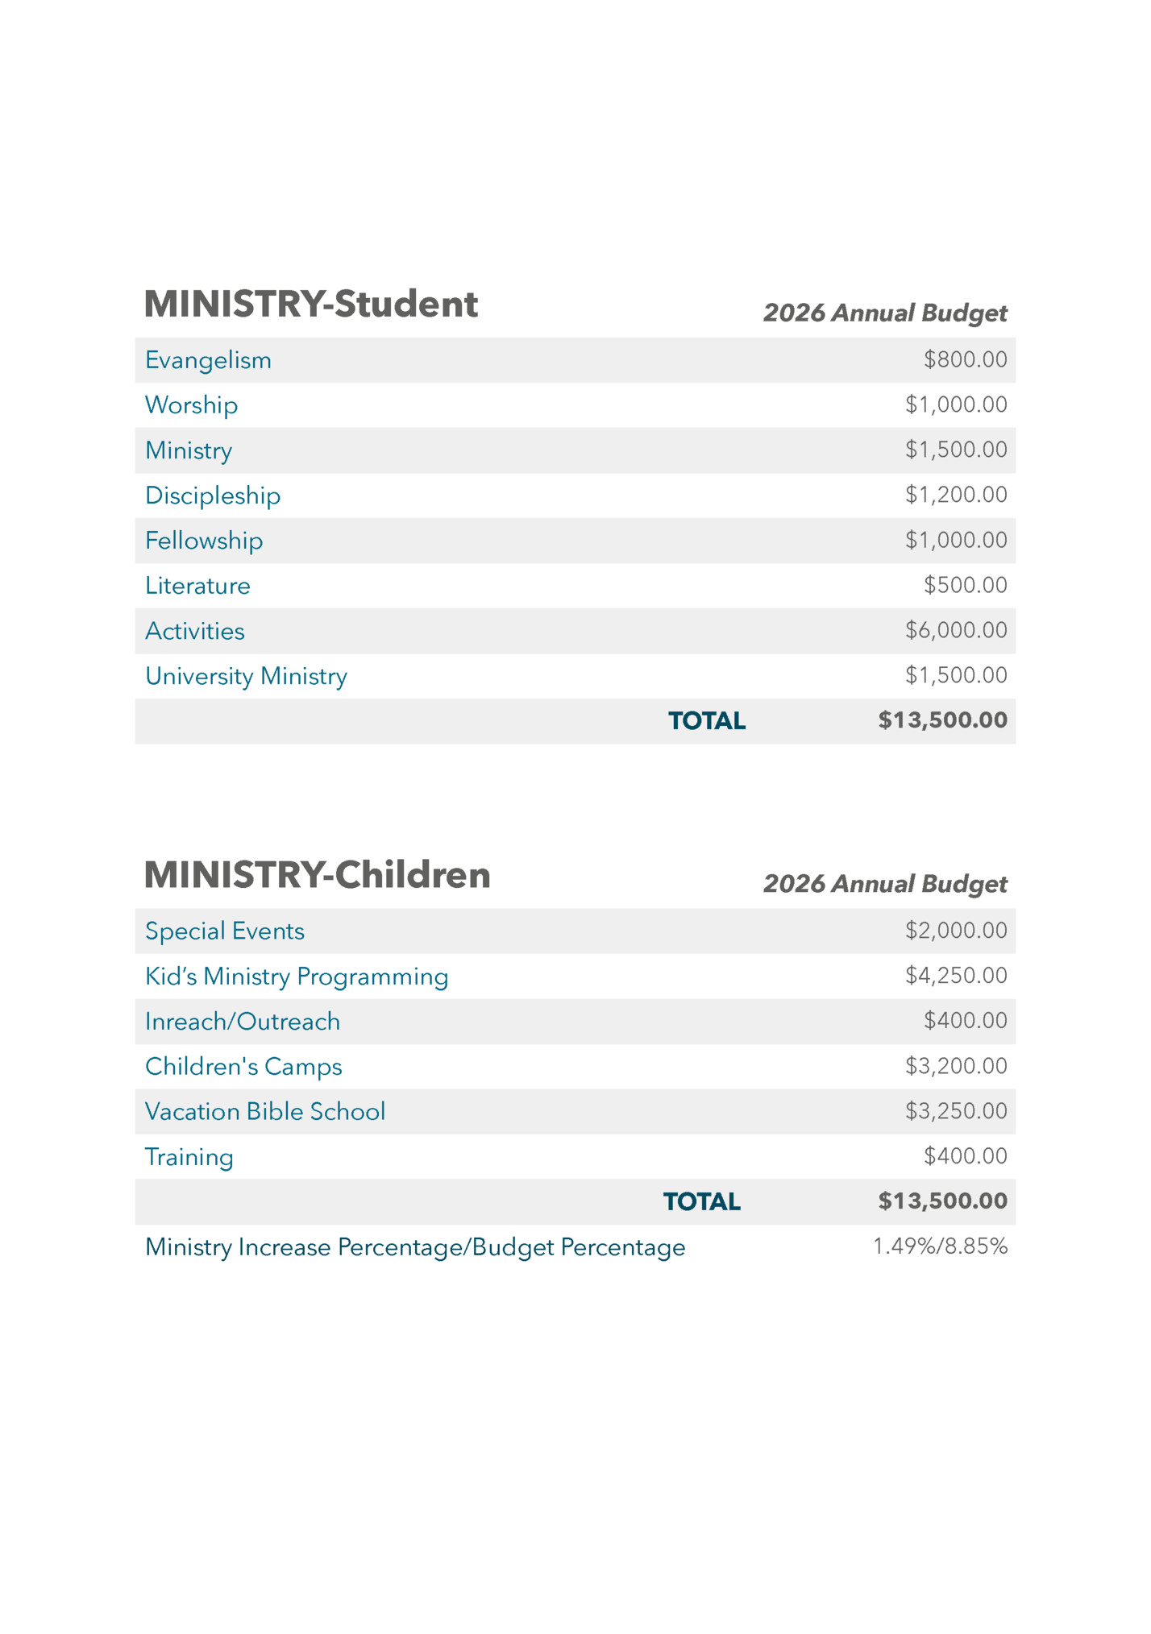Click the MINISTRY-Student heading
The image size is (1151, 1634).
[x=310, y=305]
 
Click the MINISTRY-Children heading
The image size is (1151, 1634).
[x=317, y=875]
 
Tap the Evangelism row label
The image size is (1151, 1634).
[x=208, y=360]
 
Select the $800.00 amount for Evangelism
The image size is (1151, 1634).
[x=965, y=359]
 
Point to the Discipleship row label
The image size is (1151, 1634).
[x=213, y=496]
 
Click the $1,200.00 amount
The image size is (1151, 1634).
[x=956, y=495]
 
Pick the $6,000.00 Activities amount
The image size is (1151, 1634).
[x=956, y=630]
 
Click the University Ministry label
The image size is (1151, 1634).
[x=246, y=676]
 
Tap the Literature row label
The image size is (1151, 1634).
[x=197, y=586]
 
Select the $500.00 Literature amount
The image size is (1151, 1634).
[x=965, y=585]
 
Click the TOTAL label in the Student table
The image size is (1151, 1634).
[x=707, y=721]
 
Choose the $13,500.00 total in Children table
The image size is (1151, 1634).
[x=942, y=1201]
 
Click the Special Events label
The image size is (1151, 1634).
[x=225, y=931]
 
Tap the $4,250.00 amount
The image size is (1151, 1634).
[x=956, y=976]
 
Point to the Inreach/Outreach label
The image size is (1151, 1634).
[x=243, y=1022]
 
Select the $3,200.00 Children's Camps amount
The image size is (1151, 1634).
[x=956, y=1066]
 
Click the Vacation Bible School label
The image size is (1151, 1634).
[x=265, y=1112]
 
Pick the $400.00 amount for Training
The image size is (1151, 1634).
[x=965, y=1156]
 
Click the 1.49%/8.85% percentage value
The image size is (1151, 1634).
[x=940, y=1246]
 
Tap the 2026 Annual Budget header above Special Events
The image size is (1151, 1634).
[x=885, y=884]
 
